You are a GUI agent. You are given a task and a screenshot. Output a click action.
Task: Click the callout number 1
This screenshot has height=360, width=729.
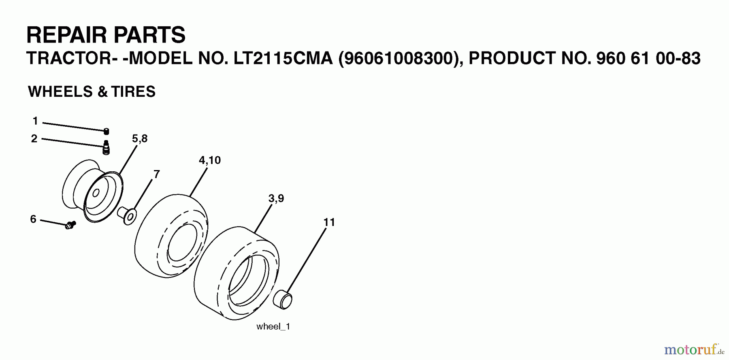click(35, 121)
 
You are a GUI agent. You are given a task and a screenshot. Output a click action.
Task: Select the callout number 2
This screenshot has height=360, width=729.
click(34, 139)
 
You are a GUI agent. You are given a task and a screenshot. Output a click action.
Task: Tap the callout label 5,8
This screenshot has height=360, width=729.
click(140, 138)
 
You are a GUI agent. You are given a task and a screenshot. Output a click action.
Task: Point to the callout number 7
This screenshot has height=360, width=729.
click(156, 175)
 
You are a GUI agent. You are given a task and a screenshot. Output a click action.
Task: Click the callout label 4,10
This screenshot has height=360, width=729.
click(210, 160)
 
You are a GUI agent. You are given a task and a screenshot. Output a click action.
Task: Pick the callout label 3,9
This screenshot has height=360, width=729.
click(276, 198)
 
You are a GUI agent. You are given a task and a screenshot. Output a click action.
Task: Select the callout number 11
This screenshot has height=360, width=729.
click(329, 222)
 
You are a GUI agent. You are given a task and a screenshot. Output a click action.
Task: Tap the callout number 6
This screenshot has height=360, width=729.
click(33, 219)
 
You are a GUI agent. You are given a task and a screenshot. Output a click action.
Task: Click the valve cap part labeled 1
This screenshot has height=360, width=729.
click(106, 131)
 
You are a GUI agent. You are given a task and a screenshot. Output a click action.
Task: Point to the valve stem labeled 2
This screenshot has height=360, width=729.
click(106, 147)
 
